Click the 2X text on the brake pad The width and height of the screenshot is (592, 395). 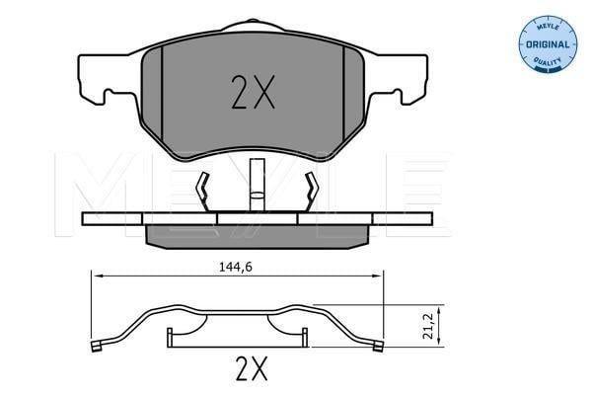click(253, 92)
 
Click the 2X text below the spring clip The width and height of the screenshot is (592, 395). click(252, 368)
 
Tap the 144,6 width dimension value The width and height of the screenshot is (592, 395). click(236, 268)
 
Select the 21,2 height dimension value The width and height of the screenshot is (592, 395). click(428, 326)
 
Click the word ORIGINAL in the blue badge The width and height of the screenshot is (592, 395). click(548, 44)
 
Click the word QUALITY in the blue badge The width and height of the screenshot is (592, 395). click(548, 61)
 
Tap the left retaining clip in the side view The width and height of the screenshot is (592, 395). click(204, 192)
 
